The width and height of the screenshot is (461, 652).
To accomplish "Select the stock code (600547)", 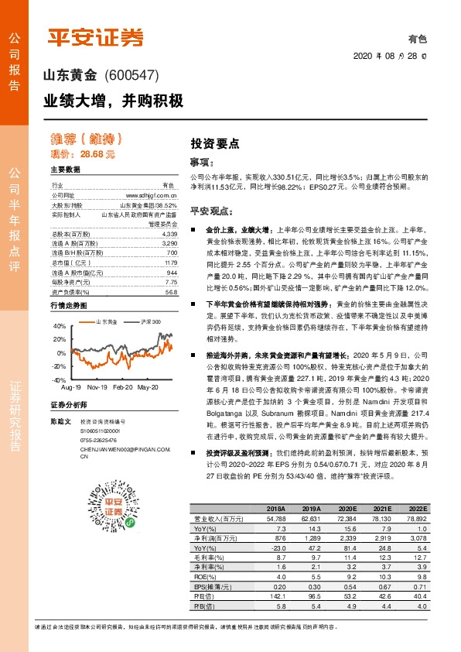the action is coord(131,76).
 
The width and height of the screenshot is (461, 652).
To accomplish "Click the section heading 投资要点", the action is coord(215,143).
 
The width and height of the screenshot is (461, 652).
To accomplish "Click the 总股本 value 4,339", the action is coord(170,233).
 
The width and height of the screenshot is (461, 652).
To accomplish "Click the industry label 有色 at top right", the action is coord(418,38).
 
